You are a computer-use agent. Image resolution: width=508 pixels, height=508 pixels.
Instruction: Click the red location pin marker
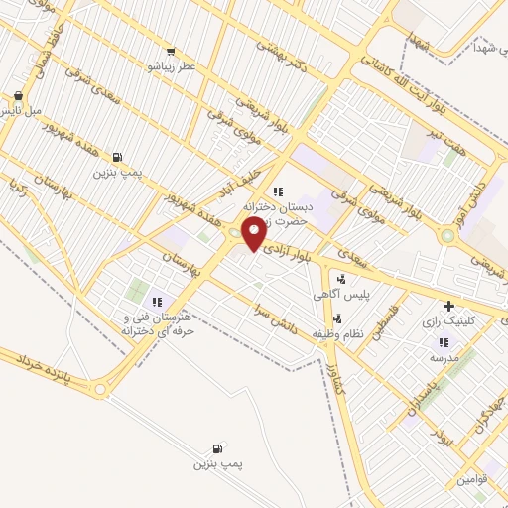(255, 234)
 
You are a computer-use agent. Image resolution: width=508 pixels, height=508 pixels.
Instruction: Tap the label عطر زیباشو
(172, 65)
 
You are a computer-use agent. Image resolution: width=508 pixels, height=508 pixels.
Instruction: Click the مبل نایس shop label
(20, 111)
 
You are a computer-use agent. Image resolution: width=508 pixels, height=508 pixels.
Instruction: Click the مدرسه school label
(443, 356)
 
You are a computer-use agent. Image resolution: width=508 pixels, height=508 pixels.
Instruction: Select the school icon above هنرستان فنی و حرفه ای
(156, 302)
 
